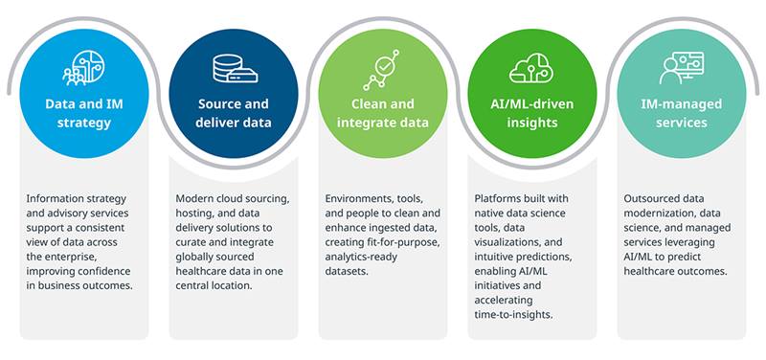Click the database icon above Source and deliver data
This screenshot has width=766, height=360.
point(235,68)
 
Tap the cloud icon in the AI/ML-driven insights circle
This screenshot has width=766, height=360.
point(531,68)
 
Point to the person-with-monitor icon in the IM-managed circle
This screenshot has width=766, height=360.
point(682,68)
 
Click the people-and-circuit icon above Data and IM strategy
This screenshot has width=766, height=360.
point(83,68)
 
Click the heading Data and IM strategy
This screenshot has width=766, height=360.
point(84,113)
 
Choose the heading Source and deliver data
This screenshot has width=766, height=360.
point(234,113)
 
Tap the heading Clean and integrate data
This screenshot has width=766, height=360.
point(382,113)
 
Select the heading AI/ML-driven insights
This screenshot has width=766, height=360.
point(532,113)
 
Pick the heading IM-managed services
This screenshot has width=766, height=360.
point(682,113)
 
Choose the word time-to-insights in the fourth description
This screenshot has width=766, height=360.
point(513,315)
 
